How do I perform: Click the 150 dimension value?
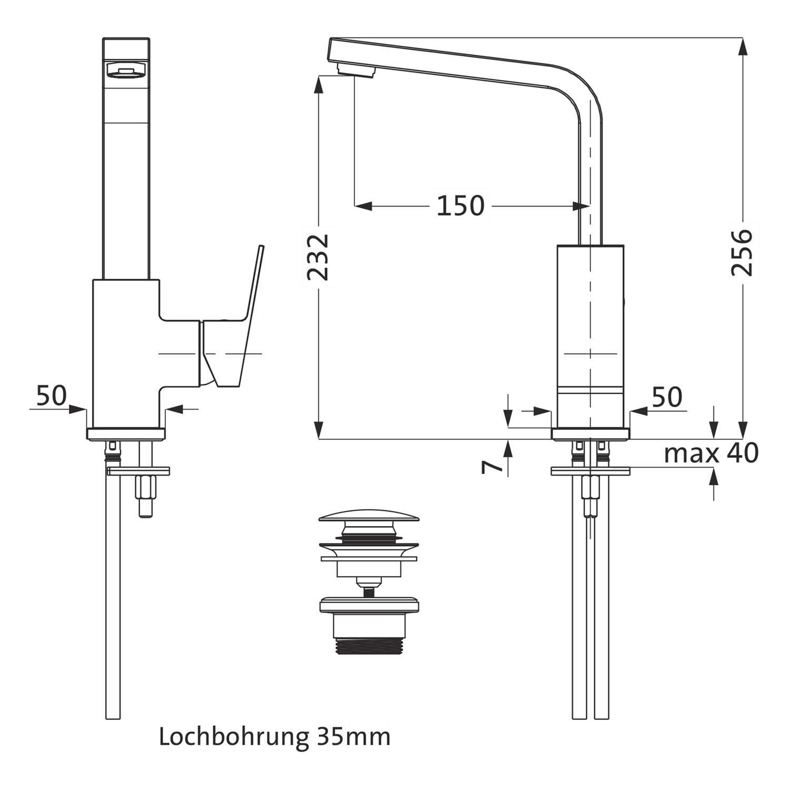[460, 205]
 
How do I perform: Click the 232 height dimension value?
[318, 257]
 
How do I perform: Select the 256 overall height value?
[742, 252]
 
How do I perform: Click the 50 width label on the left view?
[52, 396]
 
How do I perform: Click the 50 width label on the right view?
[667, 397]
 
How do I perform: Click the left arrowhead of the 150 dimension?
[362, 206]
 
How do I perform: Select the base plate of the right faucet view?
[590, 434]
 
